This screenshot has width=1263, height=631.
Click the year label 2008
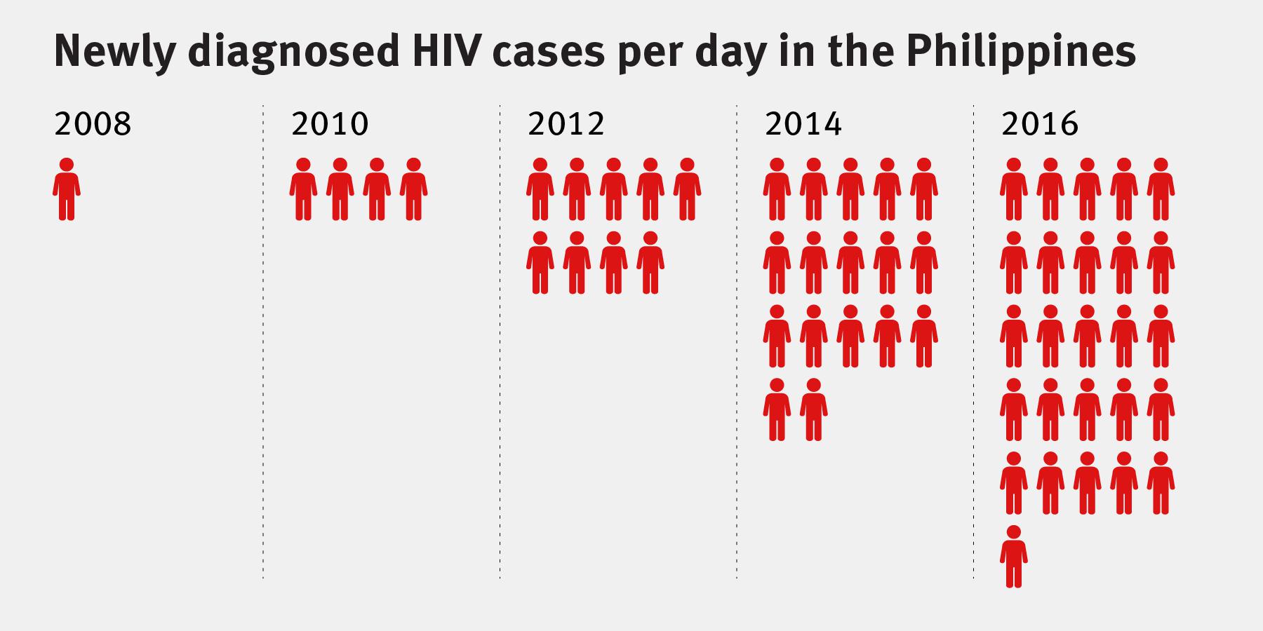[93, 125]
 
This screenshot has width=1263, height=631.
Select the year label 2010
[330, 125]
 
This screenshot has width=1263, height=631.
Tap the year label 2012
[566, 125]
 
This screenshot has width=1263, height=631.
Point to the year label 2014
[803, 125]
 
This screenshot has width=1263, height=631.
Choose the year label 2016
[1040, 125]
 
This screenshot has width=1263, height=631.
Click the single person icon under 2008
[67, 189]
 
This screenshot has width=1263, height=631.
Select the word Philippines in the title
[1020, 50]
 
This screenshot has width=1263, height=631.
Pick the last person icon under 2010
[413, 189]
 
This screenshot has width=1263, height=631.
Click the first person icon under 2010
[303, 189]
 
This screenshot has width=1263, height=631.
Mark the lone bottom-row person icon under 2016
[1014, 556]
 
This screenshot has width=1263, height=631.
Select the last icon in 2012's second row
[650, 263]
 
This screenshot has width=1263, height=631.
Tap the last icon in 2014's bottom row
[814, 409]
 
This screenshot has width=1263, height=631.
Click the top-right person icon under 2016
[1161, 189]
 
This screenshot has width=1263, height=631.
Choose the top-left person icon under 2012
[540, 189]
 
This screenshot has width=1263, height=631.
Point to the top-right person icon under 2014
[924, 189]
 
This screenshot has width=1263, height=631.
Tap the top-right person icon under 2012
[687, 189]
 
